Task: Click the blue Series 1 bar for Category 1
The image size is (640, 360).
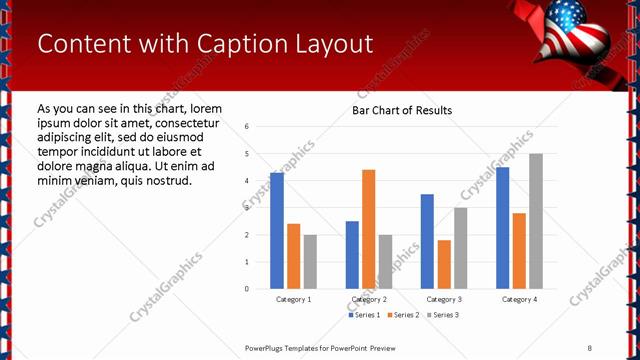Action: (277, 231)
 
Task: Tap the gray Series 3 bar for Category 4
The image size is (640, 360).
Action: (536, 221)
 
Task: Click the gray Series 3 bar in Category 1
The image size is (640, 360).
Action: (310, 262)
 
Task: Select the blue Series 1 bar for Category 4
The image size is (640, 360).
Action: (502, 228)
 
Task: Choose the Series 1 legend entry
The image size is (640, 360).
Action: (364, 315)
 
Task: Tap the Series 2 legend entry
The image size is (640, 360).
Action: (402, 315)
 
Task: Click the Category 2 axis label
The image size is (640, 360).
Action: (369, 300)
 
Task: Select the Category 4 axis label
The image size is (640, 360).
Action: (519, 300)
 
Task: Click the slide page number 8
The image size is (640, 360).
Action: (589, 347)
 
